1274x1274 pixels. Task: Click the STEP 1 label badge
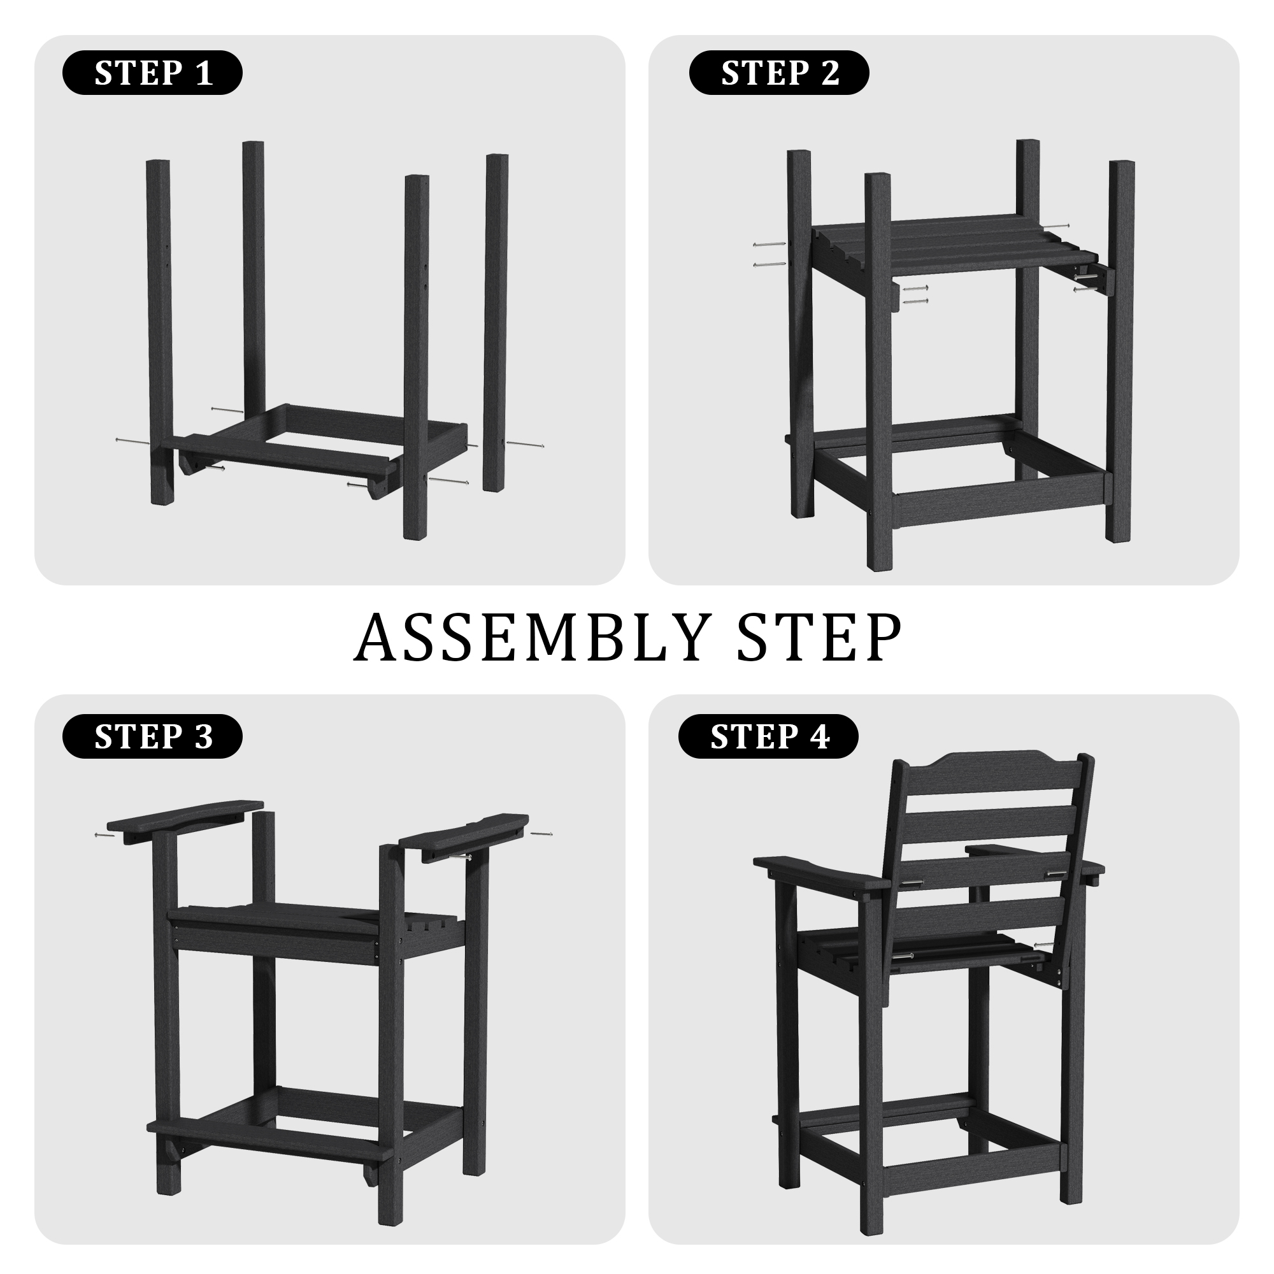tap(152, 73)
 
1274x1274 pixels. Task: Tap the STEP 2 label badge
tap(779, 73)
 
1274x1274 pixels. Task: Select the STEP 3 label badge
tap(152, 736)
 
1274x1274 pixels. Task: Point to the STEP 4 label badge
tap(768, 736)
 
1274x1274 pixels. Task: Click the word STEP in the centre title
tap(820, 637)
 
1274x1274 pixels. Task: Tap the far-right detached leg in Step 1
tap(496, 322)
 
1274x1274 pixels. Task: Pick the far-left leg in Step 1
tap(160, 332)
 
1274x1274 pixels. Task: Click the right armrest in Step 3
tap(464, 836)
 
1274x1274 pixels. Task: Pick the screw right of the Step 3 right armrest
tap(541, 834)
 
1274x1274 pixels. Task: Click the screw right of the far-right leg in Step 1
tap(525, 445)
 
